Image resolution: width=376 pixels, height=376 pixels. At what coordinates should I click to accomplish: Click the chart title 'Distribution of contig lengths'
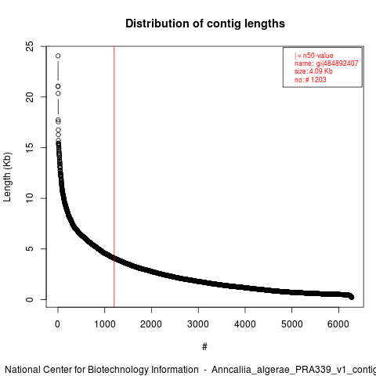click(x=205, y=23)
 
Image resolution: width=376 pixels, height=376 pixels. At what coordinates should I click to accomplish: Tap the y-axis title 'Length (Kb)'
click(x=7, y=177)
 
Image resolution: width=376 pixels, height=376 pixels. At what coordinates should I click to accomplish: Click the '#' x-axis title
click(x=204, y=347)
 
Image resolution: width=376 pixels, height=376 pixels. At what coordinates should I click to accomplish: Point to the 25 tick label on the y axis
click(x=30, y=46)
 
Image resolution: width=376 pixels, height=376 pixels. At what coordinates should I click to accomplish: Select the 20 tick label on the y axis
click(x=30, y=97)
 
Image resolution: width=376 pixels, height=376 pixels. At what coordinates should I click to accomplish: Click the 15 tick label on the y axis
click(x=30, y=147)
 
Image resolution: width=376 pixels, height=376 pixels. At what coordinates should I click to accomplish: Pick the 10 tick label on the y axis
click(x=30, y=198)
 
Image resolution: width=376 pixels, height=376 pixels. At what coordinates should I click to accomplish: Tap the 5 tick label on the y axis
click(x=30, y=249)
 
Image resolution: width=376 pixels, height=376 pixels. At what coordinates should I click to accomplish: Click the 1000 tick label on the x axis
click(x=104, y=324)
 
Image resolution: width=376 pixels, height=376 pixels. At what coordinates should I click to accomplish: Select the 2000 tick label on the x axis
click(x=151, y=324)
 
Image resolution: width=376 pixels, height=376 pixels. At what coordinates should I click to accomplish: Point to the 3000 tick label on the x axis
click(x=198, y=324)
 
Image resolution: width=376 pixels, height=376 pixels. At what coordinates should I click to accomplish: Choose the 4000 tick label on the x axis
click(x=245, y=324)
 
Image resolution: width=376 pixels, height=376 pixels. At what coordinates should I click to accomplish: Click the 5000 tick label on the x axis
click(x=291, y=324)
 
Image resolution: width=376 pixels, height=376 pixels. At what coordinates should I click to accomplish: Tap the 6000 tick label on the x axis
click(x=338, y=324)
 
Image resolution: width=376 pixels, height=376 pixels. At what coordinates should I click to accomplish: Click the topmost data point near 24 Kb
click(x=58, y=56)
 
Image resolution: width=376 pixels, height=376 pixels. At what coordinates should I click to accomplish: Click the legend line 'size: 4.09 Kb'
click(x=313, y=71)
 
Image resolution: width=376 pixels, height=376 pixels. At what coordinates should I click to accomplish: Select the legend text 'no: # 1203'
click(x=310, y=79)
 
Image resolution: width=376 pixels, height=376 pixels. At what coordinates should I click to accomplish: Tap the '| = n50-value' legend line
click(x=314, y=56)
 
